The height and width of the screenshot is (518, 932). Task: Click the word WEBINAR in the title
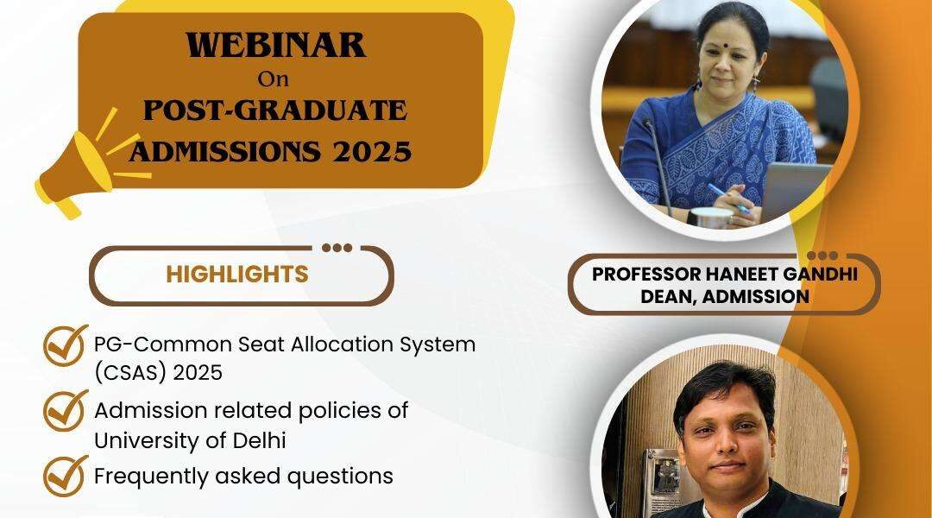coord(276,45)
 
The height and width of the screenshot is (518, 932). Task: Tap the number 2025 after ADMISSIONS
coord(372,152)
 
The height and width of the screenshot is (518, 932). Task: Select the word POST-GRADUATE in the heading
coord(275,111)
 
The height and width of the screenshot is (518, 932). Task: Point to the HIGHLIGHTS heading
coord(237,275)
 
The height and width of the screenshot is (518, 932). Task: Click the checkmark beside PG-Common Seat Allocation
coord(65,345)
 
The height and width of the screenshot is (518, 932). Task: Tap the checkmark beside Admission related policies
coord(65,410)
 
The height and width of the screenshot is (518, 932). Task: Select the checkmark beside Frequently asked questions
coord(65,476)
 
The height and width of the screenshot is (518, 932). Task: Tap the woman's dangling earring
coord(755,84)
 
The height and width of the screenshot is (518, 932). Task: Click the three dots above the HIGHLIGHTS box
coord(337,248)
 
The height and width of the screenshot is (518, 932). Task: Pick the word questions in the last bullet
coord(340,477)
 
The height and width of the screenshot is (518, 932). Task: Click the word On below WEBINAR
coord(273,79)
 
